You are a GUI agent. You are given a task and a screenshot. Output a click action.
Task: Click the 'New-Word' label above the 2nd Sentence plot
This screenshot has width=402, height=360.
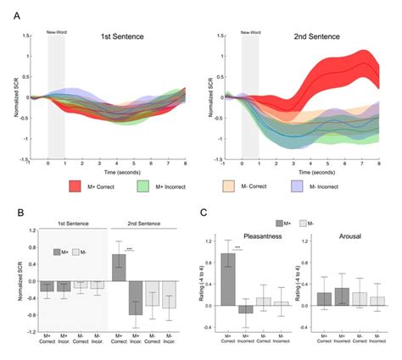tap(250, 34)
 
